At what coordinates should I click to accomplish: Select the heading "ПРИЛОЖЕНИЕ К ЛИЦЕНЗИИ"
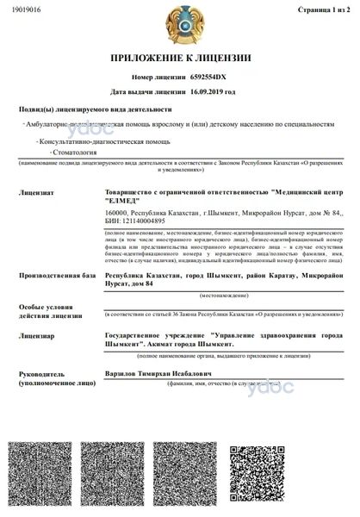[179, 59]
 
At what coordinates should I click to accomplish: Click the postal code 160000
[115, 212]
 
